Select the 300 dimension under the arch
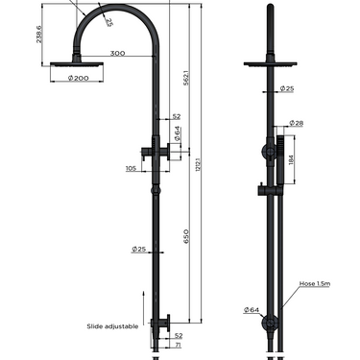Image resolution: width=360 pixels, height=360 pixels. click(x=115, y=54)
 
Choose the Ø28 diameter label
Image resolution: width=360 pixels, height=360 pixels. click(x=298, y=124)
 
